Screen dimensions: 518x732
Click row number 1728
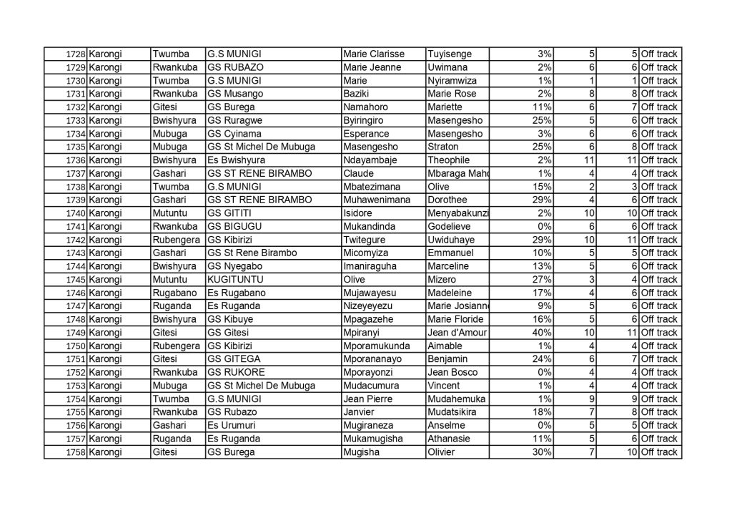75,54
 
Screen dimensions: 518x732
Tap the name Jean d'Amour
453,333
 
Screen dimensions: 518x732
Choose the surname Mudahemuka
455,399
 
